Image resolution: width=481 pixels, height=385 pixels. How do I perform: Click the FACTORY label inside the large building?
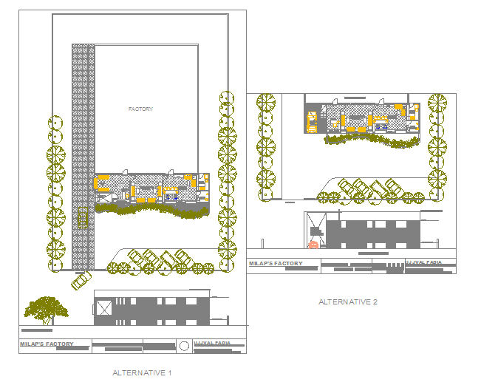tap(140, 109)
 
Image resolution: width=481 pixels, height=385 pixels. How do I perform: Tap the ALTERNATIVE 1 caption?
tap(142, 372)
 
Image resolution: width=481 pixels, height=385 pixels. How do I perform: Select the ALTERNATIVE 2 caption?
tap(348, 301)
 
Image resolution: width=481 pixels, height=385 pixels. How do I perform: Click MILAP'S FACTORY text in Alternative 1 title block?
tap(46, 344)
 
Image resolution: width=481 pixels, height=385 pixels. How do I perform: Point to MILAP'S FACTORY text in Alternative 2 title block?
tap(276, 264)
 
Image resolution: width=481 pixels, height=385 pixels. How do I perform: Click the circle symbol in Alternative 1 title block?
tap(184, 345)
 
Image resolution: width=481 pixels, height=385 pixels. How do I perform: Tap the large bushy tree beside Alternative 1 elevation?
tap(47, 308)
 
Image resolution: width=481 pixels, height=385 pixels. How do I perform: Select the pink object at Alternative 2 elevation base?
tap(313, 245)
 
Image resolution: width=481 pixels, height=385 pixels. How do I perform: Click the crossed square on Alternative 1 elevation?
tap(103, 309)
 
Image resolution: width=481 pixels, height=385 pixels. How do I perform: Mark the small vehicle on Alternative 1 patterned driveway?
tap(83, 219)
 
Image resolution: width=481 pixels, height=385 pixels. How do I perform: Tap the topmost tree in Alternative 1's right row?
tap(226, 100)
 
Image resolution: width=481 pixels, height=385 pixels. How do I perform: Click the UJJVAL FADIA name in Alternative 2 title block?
tap(424, 262)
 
